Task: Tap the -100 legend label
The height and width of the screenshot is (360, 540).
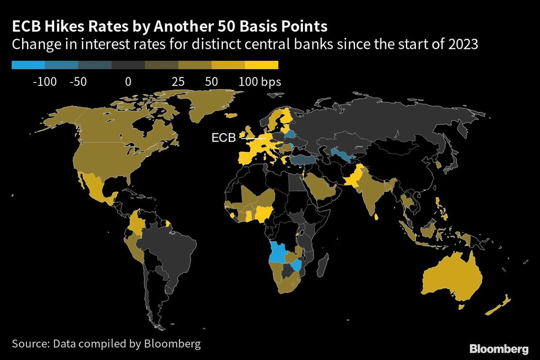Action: tap(45, 82)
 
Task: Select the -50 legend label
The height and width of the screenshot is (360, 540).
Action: tap(78, 82)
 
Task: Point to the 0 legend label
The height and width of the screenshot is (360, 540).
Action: tap(128, 82)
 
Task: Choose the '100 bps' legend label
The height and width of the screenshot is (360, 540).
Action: tap(260, 82)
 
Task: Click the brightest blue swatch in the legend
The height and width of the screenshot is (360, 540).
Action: tap(28, 65)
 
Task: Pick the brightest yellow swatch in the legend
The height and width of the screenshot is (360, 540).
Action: tap(261, 65)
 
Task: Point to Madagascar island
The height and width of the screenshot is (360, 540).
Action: tap(322, 265)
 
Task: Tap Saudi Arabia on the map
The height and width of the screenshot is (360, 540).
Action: tap(319, 187)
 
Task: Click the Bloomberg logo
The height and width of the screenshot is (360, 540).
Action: tap(499, 349)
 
